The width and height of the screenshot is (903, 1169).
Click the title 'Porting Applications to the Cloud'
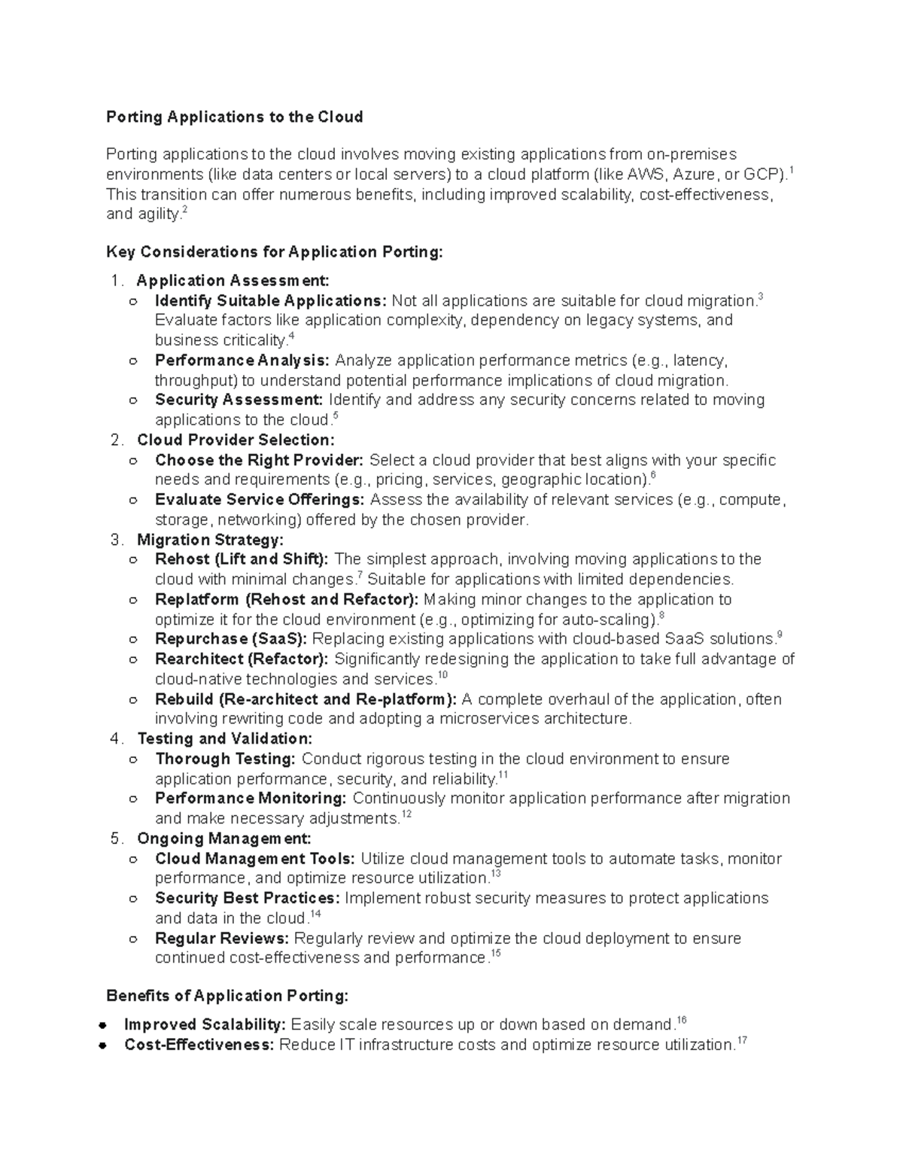[x=234, y=117]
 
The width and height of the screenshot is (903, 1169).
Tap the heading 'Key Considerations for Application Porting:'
[x=275, y=251]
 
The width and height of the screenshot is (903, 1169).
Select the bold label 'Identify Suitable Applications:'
[x=271, y=301]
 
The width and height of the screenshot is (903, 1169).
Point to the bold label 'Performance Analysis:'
[x=242, y=360]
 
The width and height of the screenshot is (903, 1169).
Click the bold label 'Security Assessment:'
[x=239, y=400]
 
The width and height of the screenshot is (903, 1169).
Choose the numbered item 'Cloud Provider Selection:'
[x=236, y=440]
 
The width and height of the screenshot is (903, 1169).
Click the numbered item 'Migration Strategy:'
[x=210, y=540]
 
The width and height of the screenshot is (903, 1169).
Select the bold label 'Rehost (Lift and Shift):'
[x=242, y=559]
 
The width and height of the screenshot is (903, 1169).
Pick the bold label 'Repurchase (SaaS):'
[x=231, y=639]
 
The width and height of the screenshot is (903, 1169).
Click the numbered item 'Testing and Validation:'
[x=224, y=738]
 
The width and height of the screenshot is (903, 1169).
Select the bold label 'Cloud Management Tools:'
[x=255, y=858]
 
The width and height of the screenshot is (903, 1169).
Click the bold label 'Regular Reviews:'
[x=222, y=938]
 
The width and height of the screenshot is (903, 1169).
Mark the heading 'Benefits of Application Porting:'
[x=227, y=996]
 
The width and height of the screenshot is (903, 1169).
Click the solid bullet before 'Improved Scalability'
[x=100, y=1025]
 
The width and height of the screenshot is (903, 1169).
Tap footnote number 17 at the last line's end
[x=742, y=1041]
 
